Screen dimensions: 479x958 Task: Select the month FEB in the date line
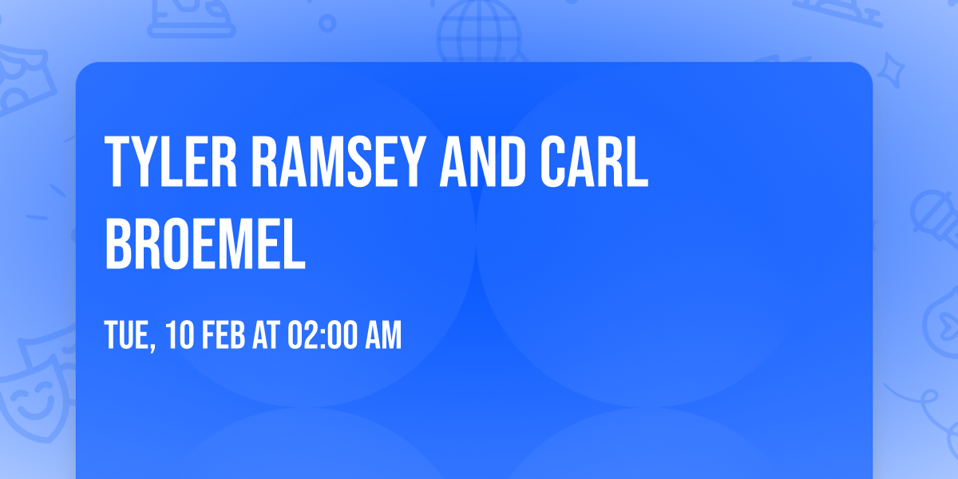tap(221, 336)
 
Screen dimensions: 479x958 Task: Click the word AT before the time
tap(265, 336)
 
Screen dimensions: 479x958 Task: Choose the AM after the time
tap(382, 336)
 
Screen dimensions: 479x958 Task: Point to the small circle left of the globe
tap(327, 23)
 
